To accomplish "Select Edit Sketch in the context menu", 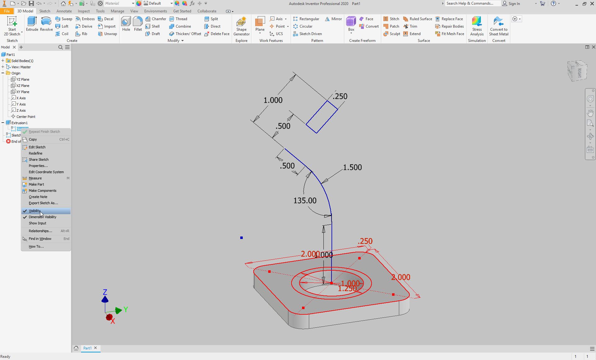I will point(37,147).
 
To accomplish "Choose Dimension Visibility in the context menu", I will point(43,217).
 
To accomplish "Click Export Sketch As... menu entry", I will point(43,203).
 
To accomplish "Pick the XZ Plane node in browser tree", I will point(23,86).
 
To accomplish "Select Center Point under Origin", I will point(25,117).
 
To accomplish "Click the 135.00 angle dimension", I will point(305,201).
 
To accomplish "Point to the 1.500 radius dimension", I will point(352,168).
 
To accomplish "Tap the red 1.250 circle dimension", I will point(347,289).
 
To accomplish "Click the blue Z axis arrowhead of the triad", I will point(105,299).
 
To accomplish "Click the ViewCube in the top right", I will point(577,71).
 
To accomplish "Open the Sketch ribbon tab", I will point(45,11).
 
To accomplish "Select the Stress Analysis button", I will point(477,26).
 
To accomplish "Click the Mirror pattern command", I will point(333,19).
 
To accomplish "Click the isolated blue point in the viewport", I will point(242,238).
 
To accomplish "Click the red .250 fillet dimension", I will point(365,241).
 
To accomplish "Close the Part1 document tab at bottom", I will point(96,348).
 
